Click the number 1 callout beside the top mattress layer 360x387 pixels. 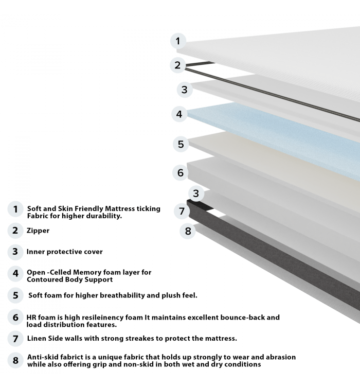(178, 41)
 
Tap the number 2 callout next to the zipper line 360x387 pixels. (177, 65)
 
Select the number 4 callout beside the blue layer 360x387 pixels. (179, 114)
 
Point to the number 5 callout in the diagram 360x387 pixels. (181, 144)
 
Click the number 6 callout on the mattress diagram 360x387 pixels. (180, 172)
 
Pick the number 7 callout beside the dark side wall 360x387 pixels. (182, 212)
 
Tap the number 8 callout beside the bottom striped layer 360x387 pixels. (188, 231)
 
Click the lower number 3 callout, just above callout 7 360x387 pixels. (196, 193)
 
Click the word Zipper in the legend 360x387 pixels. (38, 231)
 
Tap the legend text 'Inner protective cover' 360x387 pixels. (65, 252)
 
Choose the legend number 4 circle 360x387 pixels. (15, 273)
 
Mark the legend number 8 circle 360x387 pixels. (15, 360)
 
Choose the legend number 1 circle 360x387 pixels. (15, 209)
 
